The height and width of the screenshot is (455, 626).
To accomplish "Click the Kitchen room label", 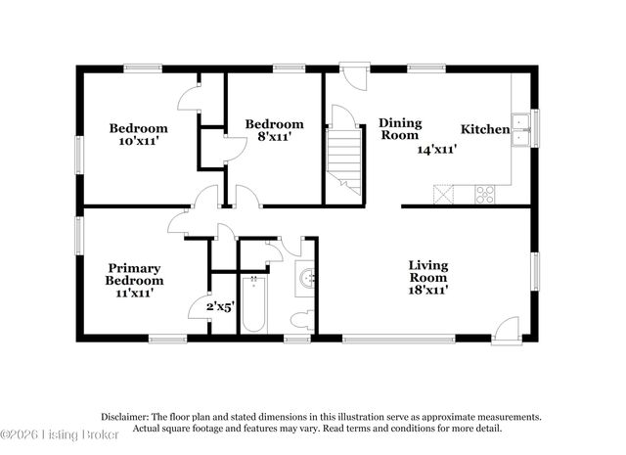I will pyautogui.click(x=485, y=129).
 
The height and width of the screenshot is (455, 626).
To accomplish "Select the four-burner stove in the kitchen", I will pyautogui.click(x=484, y=194).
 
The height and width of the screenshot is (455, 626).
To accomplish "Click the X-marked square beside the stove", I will pyautogui.click(x=445, y=194).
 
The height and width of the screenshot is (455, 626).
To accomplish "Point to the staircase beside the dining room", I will pyautogui.click(x=343, y=157).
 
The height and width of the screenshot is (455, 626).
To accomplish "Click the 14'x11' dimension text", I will pyautogui.click(x=438, y=150).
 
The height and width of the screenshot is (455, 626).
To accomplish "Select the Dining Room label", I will pyautogui.click(x=400, y=130).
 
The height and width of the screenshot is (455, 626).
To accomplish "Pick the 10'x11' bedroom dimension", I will pyautogui.click(x=138, y=142).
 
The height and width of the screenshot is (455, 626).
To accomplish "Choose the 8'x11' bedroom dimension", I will pyautogui.click(x=274, y=138).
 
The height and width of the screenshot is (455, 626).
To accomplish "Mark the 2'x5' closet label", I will pyautogui.click(x=219, y=306).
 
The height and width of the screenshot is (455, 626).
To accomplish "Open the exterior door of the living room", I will pyautogui.click(x=506, y=331).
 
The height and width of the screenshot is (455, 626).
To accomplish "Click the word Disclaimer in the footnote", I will pyautogui.click(x=125, y=416).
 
